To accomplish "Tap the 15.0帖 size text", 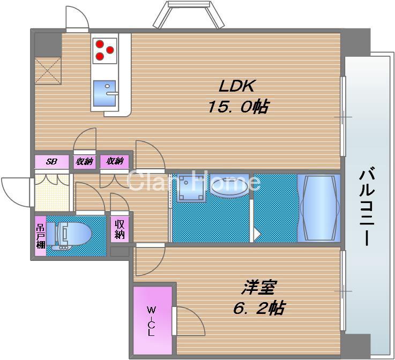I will (238, 107).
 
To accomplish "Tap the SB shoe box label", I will (51, 161).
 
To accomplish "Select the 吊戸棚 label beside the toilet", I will (40, 236).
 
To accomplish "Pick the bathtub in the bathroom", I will (319, 207).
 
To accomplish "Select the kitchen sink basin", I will (105, 94).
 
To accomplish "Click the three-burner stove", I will (103, 49).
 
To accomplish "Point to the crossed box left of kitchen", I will (48, 70).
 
